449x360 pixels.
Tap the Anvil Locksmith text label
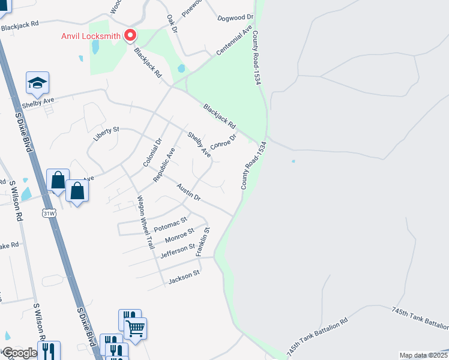pos(91,35)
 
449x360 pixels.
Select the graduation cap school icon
pos(37,83)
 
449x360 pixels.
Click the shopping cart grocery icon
pos(136,328)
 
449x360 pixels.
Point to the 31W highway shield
pos(49,212)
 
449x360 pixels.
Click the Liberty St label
pos(107,133)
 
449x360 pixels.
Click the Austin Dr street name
pos(188,192)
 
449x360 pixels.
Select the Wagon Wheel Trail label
pos(146,223)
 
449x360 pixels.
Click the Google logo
pos(20,353)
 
